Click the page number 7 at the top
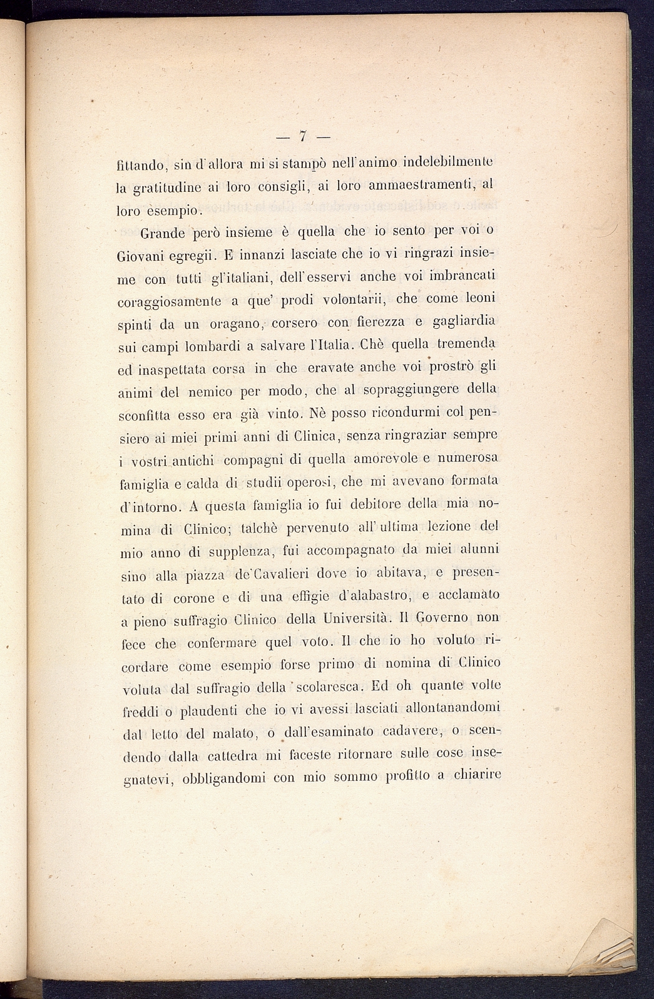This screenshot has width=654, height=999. coord(302,136)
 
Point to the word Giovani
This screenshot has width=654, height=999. coord(141,256)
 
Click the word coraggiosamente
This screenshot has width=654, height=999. coord(169,301)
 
